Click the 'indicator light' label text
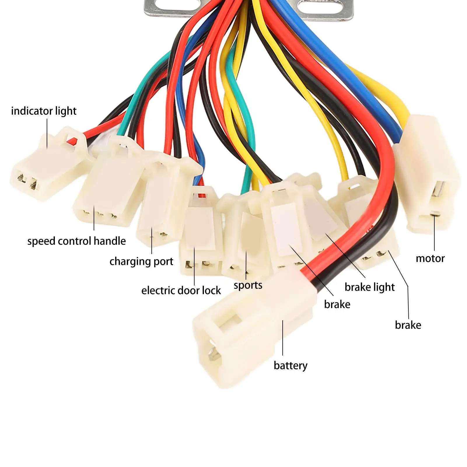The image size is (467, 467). [44, 111]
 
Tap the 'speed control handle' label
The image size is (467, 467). [76, 241]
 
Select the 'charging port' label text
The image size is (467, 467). [141, 261]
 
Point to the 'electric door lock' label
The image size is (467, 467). [181, 291]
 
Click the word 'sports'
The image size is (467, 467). [248, 285]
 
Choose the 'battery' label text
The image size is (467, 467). [291, 365]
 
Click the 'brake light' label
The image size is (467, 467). [370, 287]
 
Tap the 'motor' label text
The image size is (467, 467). [430, 258]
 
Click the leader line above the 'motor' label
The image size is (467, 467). [434, 233]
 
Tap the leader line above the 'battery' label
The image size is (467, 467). [283, 338]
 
